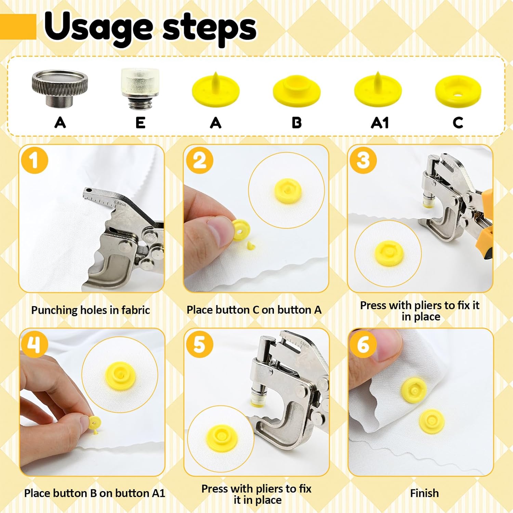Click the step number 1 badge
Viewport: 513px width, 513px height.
click(x=34, y=160)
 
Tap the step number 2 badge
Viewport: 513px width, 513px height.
click(x=199, y=160)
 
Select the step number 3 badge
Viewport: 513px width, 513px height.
click(x=363, y=160)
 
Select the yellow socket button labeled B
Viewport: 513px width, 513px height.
click(x=297, y=90)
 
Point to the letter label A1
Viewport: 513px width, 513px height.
click(x=380, y=123)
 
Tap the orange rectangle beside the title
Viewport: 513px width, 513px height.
click(x=18, y=27)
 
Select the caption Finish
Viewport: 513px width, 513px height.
click(x=424, y=493)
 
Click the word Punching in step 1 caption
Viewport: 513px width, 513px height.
click(x=54, y=310)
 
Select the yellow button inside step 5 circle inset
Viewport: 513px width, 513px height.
click(x=221, y=439)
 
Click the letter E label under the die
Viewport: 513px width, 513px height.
click(x=140, y=123)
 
